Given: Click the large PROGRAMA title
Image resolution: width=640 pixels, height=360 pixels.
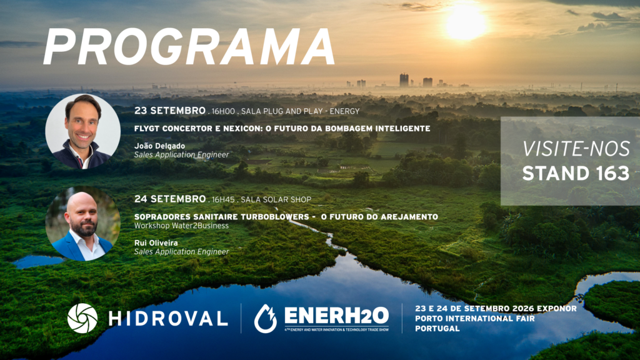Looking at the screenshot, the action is [x=189, y=47].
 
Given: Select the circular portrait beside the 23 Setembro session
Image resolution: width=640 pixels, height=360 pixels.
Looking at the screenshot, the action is [x=83, y=131].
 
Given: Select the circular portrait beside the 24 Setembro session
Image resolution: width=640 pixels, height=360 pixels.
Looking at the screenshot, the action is [x=83, y=224].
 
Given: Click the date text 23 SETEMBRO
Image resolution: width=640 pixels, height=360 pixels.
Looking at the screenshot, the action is [x=170, y=111].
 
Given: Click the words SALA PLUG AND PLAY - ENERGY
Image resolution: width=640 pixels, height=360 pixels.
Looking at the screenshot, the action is [x=301, y=111].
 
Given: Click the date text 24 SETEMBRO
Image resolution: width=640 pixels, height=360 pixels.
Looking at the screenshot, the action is [x=170, y=199].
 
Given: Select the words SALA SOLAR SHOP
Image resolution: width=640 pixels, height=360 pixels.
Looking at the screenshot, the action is [x=276, y=199].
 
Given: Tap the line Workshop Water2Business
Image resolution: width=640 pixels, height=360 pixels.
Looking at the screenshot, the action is [x=181, y=226].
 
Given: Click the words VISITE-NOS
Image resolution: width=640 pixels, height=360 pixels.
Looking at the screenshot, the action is [x=576, y=149].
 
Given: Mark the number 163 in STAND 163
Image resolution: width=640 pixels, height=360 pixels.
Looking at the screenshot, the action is [x=606, y=174].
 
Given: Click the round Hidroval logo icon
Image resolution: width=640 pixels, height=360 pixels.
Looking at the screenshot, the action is [x=82, y=318].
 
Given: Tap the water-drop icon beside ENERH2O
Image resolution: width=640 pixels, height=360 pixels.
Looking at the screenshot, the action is [x=265, y=318].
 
